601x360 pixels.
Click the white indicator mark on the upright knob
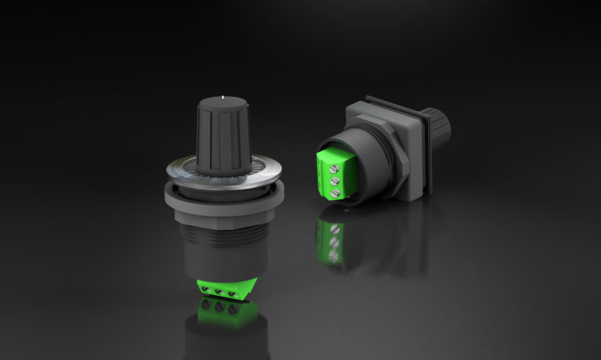225,98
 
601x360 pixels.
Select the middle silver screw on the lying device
335,179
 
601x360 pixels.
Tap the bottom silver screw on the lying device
335,193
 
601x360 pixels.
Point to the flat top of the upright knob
223,103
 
